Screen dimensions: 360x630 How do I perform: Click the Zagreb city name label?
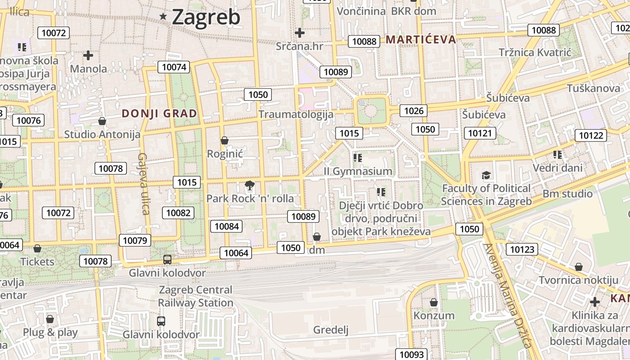click(x=206, y=17)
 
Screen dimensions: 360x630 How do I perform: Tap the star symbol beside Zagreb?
click(x=163, y=17)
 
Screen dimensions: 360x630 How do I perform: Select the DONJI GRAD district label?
click(x=159, y=113)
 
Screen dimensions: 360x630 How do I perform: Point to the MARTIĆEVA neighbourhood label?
click(x=421, y=40)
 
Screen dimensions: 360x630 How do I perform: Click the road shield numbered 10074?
click(x=174, y=67)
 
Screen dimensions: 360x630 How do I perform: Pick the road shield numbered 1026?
click(x=414, y=111)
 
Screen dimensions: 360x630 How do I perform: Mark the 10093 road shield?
click(x=411, y=355)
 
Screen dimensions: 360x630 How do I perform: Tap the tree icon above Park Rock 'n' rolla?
click(x=249, y=185)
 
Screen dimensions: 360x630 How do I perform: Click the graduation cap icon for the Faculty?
click(x=486, y=175)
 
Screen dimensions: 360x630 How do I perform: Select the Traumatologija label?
click(x=296, y=114)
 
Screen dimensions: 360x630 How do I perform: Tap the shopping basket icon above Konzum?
click(x=434, y=302)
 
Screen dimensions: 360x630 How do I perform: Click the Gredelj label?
click(x=331, y=330)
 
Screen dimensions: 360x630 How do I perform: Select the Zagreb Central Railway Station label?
click(x=195, y=296)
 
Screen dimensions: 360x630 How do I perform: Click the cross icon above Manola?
click(x=88, y=55)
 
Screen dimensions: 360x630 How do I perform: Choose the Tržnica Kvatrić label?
click(x=535, y=53)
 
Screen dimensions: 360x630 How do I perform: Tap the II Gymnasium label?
click(x=358, y=171)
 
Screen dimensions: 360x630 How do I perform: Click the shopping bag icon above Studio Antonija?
click(x=102, y=121)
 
